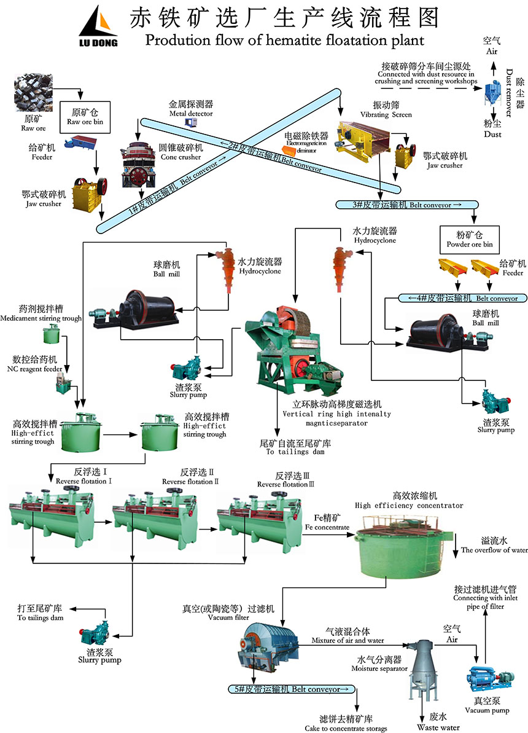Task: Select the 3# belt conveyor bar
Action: tap(399, 205)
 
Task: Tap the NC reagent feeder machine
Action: tap(62, 384)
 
